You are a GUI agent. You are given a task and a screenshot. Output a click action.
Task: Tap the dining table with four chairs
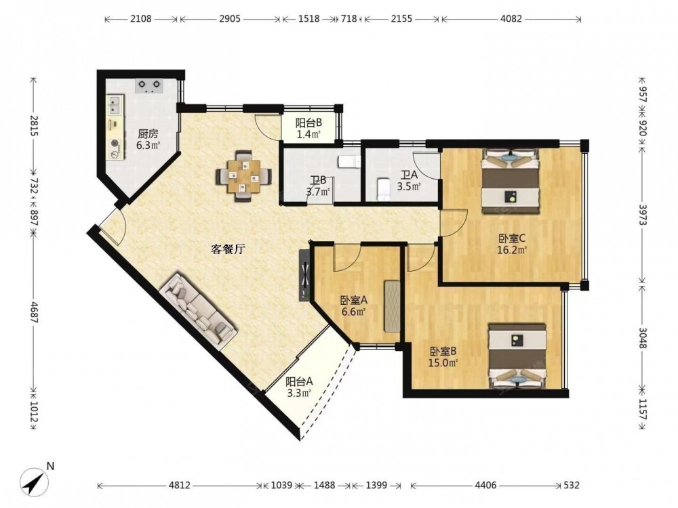click(244, 175)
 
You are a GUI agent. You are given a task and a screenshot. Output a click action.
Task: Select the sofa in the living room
click(198, 311)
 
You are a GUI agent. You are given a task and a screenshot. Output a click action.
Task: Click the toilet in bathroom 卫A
click(384, 189)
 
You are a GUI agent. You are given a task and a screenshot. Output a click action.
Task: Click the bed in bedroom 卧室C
click(511, 181)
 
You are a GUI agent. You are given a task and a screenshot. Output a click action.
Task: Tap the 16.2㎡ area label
click(511, 250)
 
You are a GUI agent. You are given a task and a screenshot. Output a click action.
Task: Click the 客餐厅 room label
click(228, 249)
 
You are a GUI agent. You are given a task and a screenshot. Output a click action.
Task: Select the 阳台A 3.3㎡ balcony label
click(299, 387)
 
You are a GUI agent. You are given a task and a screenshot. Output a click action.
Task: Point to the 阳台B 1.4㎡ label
click(308, 129)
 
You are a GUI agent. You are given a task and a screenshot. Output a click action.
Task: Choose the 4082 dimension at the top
click(511, 19)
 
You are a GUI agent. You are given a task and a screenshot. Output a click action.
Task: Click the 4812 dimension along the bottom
click(179, 485)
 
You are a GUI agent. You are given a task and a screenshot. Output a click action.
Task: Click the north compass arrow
click(35, 480)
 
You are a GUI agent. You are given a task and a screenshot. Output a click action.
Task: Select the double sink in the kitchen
click(115, 104)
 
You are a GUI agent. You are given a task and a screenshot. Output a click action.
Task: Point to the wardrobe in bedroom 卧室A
click(392, 306)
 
